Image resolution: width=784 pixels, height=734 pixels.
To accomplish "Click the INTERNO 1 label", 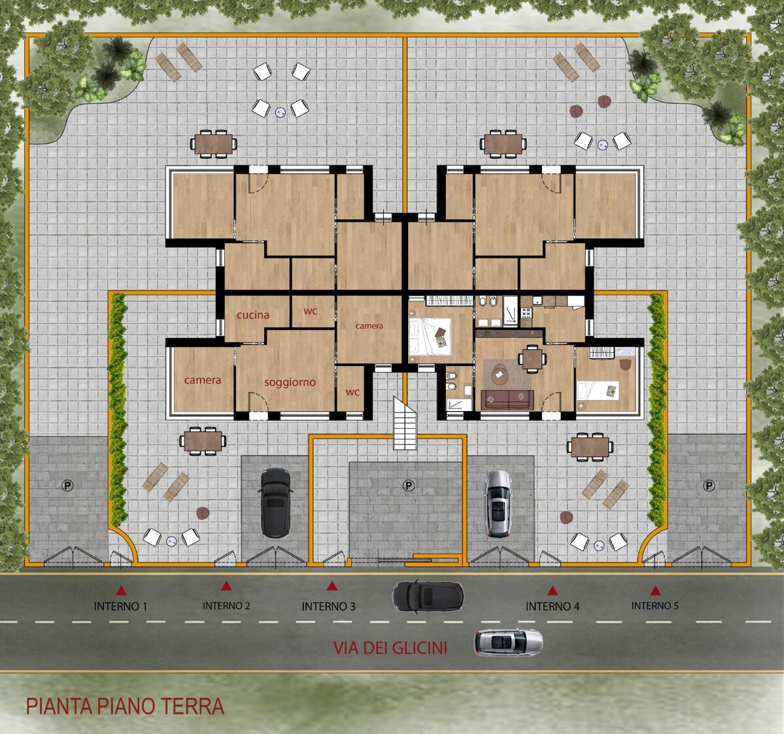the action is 120,607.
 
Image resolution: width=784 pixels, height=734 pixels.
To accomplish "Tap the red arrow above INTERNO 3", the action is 332,586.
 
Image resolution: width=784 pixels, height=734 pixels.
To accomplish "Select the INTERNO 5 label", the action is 655,606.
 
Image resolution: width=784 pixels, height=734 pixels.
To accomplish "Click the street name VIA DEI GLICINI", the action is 390,648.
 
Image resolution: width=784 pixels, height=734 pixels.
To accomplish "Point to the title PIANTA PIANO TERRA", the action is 125,706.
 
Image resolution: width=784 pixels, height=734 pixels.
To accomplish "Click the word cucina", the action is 253,315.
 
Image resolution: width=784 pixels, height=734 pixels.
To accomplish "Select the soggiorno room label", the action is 290,382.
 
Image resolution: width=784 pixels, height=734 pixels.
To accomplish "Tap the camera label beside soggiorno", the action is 203,380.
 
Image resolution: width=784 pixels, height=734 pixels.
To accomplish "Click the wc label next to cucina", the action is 311,310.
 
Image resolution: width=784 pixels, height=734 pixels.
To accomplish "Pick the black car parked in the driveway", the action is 275,503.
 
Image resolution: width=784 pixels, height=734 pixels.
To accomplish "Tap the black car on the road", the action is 428,597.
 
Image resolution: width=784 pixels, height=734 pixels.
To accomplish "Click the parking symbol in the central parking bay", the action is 409,485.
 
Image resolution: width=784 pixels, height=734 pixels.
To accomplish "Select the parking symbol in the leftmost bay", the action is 67,485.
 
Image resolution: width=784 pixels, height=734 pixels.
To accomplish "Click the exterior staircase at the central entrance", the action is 405,424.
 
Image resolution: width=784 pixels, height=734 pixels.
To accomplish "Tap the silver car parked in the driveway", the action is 498,504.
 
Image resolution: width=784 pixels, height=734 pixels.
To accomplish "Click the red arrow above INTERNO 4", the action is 553,591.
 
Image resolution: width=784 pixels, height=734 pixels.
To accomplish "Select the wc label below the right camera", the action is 352,392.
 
